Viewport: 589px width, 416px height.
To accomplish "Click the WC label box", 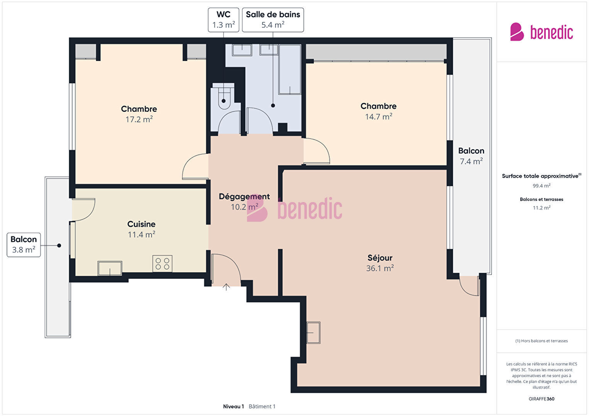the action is (x=223, y=20).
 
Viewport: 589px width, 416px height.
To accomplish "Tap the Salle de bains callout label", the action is (x=273, y=20).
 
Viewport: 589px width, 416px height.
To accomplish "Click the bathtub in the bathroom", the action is (x=290, y=69).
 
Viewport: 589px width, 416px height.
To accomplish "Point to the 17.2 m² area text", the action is (x=139, y=120).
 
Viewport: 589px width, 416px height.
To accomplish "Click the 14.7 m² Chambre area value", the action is (x=379, y=116).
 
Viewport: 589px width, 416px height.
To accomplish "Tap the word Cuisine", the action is (x=141, y=224).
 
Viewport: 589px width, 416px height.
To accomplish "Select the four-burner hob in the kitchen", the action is (x=162, y=264).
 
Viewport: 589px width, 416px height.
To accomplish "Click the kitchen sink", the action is (x=110, y=268).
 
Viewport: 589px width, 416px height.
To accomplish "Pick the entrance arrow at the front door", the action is (x=226, y=287).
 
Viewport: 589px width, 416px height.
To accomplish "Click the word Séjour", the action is (x=380, y=258).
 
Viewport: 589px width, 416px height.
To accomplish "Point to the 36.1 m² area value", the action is (x=380, y=268).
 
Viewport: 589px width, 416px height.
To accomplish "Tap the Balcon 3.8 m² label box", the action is (x=24, y=245).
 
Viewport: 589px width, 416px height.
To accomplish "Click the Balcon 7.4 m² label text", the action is (x=471, y=156).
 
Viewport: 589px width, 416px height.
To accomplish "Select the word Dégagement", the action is (x=244, y=197).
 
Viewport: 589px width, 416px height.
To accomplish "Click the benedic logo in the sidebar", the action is (x=542, y=32).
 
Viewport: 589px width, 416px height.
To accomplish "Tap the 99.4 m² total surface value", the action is (x=542, y=186).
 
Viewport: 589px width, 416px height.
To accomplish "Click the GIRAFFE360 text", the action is (x=542, y=399).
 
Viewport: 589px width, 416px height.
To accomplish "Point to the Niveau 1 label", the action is (x=234, y=406).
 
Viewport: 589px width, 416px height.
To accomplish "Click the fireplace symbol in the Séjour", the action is (x=313, y=333).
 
